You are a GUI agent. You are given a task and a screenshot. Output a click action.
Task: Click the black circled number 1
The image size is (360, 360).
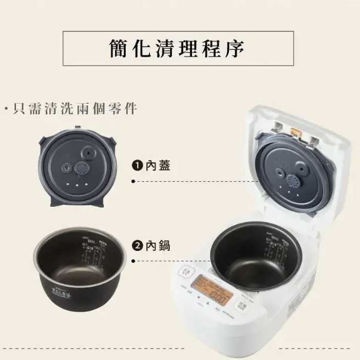point(136,165)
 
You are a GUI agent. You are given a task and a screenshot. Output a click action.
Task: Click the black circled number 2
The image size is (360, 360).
point(136,246)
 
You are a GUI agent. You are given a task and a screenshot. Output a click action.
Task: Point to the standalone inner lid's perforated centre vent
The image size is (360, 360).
point(81,168)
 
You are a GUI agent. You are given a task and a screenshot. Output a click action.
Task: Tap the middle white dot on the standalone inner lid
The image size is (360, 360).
point(78,185)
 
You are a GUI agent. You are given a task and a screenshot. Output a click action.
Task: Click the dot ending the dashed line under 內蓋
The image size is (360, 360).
point(133,181)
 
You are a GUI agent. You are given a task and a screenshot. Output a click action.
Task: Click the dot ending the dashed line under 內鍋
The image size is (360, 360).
point(133,262)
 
